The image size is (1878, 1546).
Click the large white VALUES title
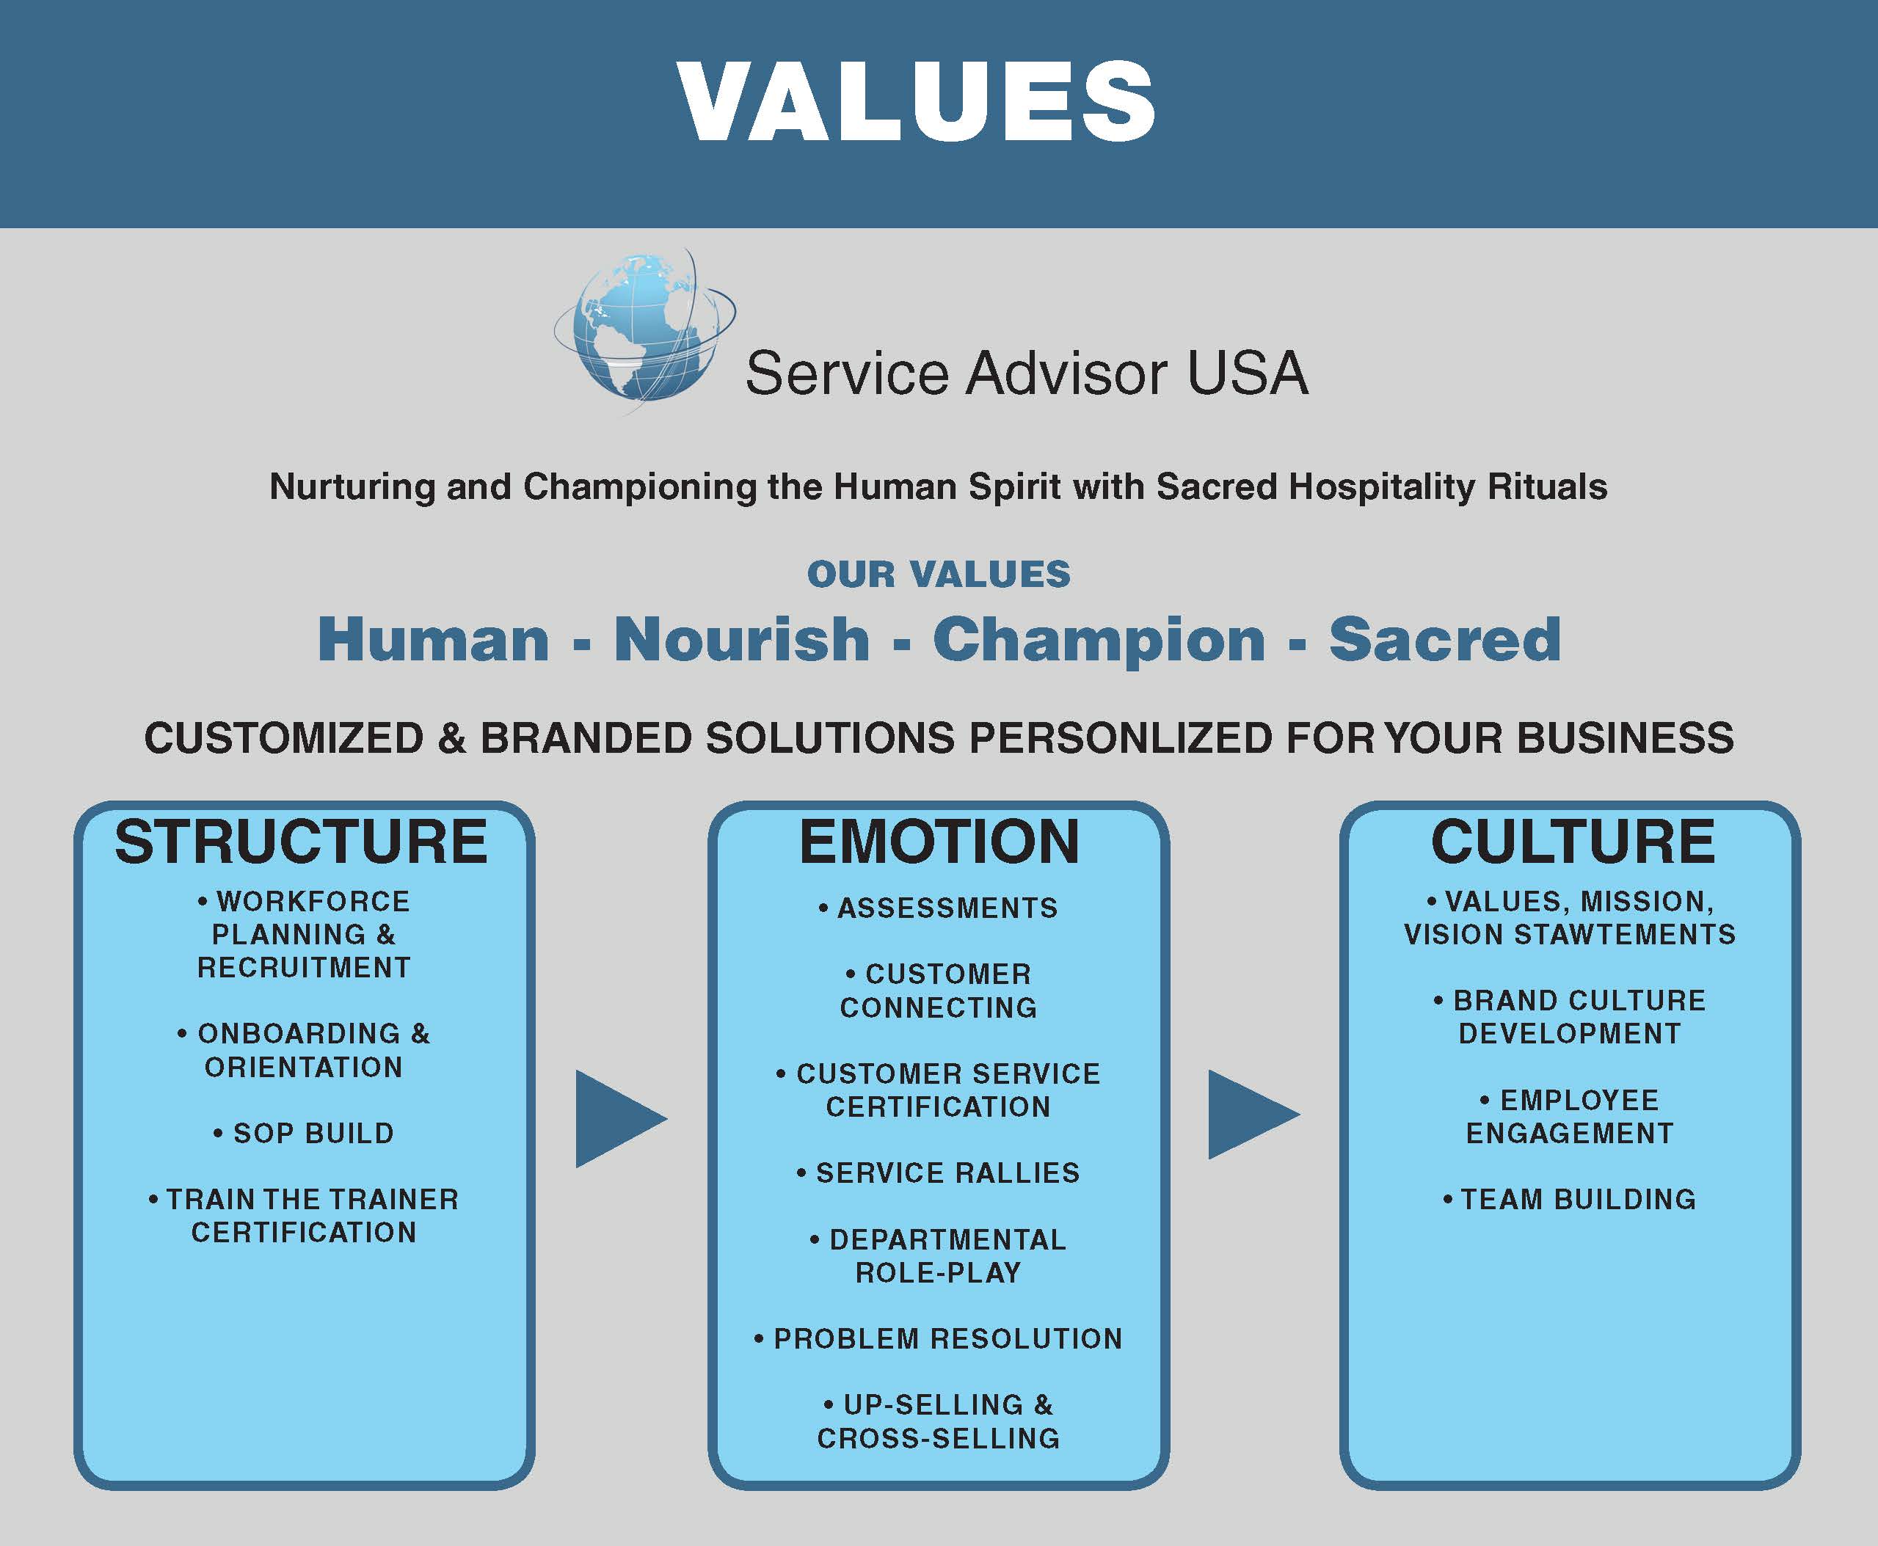(917, 101)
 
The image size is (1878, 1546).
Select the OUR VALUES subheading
(939, 575)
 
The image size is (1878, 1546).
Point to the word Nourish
(742, 639)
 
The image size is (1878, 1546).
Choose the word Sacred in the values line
(1444, 639)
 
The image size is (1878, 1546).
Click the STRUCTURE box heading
(301, 842)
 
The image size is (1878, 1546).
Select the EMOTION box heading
(939, 842)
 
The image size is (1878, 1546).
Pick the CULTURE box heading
(1573, 842)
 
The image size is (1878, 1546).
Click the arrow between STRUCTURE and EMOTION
(621, 1118)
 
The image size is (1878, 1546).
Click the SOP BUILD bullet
(304, 1134)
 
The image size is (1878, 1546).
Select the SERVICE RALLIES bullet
(939, 1173)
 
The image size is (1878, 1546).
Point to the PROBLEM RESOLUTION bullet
(939, 1338)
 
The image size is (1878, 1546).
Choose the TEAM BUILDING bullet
(1570, 1200)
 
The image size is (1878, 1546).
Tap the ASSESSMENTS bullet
(939, 908)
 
